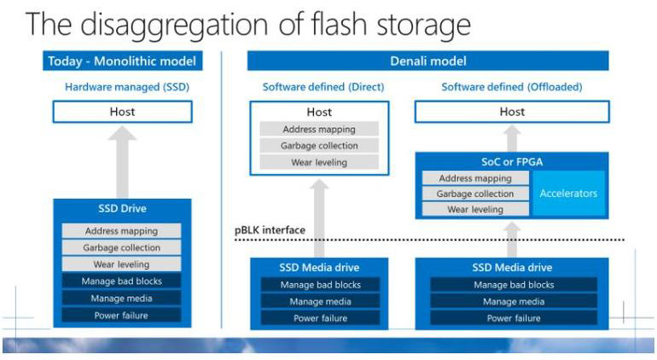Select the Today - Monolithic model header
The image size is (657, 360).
click(121, 61)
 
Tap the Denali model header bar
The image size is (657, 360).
click(427, 61)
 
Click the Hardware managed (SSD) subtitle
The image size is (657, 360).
click(121, 86)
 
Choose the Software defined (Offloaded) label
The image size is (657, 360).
click(512, 86)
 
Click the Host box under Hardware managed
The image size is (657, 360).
click(121, 112)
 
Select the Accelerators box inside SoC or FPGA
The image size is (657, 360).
click(568, 194)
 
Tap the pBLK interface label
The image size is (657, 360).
click(270, 229)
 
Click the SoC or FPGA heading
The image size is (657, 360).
click(512, 161)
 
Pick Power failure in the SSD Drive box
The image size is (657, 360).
click(121, 315)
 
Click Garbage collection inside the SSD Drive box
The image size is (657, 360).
click(121, 247)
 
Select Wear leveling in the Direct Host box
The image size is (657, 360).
click(319, 162)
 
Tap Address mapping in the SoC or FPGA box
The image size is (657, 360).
click(475, 178)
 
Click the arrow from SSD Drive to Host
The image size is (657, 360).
click(121, 162)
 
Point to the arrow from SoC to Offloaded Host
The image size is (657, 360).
click(512, 138)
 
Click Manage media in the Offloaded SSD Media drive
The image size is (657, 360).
click(513, 301)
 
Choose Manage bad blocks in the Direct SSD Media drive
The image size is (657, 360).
click(320, 285)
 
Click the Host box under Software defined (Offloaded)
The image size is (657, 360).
click(512, 112)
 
